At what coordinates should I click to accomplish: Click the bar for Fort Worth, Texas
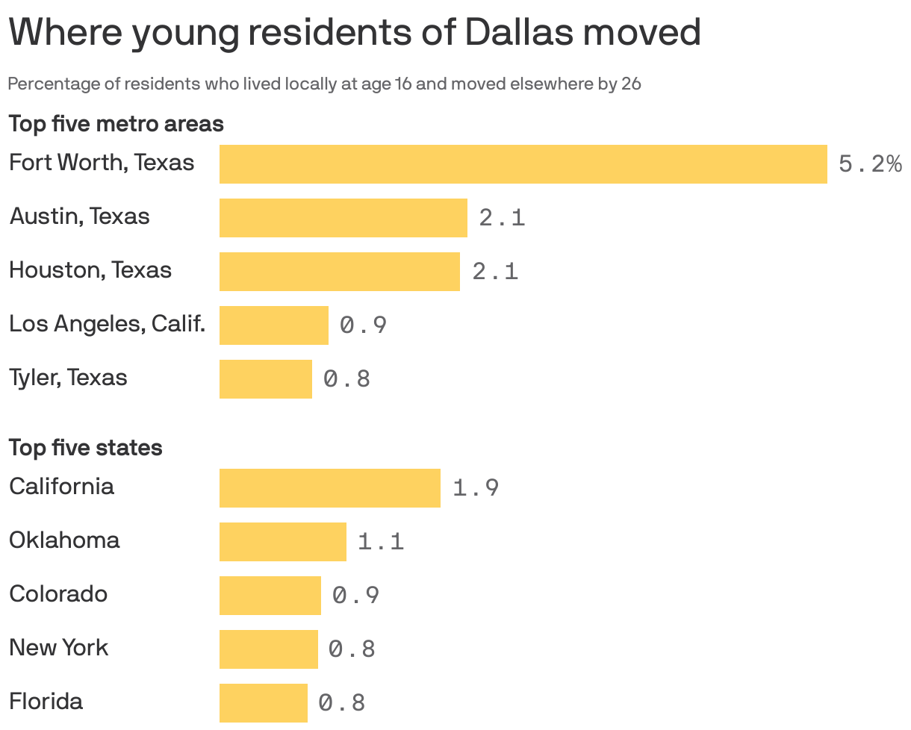523,164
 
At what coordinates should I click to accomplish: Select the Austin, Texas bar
343,218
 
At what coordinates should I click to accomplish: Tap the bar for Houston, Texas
339,272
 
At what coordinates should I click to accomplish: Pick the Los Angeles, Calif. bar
273,325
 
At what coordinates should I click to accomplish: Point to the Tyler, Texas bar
265,379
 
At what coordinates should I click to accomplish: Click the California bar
329,488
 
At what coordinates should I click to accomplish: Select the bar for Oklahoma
282,542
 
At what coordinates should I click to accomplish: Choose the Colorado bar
270,596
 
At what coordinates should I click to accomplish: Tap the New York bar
268,649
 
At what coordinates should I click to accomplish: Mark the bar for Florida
263,703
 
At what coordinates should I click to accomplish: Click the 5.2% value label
870,164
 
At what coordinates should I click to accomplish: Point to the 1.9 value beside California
476,488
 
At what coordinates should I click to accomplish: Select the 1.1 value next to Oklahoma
381,542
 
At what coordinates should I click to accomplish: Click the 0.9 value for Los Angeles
363,325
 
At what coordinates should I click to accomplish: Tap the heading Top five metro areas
116,123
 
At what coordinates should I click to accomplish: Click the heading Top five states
85,447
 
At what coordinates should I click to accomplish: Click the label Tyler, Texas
68,378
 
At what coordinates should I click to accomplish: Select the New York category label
58,647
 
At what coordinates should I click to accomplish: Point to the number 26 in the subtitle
631,84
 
